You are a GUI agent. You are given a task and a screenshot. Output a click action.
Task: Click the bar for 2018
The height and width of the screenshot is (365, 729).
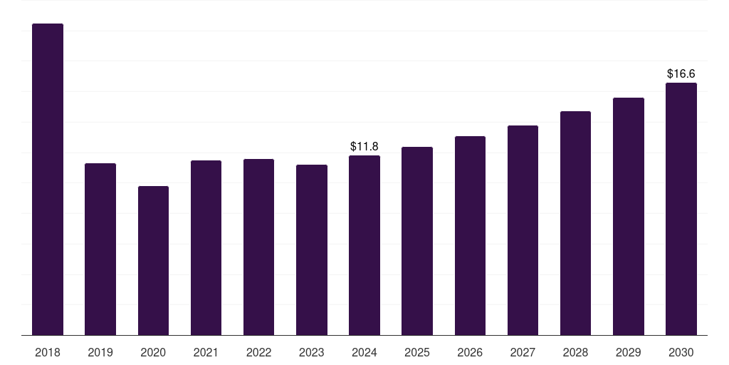click(48, 179)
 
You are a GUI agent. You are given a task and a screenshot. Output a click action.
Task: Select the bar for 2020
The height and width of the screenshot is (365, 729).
click(153, 261)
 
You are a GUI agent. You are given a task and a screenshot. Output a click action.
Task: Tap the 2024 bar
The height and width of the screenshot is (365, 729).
click(364, 245)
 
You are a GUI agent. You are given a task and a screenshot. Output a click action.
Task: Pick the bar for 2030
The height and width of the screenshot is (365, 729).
click(681, 209)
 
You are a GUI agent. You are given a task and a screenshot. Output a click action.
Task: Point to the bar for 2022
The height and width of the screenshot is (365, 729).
click(258, 247)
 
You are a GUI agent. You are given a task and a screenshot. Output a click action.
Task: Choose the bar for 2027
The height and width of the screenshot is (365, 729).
click(523, 230)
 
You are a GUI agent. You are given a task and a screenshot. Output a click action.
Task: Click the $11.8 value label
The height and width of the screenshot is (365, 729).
click(364, 147)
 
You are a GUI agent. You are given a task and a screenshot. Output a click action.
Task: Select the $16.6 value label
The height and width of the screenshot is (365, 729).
click(681, 73)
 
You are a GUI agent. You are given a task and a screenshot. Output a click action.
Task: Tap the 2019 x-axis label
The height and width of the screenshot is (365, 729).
click(100, 352)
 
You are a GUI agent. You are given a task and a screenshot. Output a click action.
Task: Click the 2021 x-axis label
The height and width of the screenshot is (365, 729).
click(206, 352)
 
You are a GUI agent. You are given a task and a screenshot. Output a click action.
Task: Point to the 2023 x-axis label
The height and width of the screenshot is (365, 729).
click(312, 352)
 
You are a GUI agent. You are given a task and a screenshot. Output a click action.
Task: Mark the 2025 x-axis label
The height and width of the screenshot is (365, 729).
click(417, 352)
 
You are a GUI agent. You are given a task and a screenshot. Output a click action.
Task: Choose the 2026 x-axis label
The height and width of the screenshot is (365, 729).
click(470, 352)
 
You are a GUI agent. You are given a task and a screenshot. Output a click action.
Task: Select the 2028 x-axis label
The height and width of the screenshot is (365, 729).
click(575, 352)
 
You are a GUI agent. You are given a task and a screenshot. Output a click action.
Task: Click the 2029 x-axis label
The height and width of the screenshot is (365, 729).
click(629, 352)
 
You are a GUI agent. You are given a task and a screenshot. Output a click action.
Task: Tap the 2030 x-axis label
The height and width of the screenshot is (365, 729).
click(681, 352)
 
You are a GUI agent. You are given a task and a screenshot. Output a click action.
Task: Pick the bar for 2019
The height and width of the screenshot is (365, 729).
click(100, 250)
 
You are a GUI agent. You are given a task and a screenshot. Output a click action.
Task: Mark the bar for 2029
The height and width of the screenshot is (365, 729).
click(629, 217)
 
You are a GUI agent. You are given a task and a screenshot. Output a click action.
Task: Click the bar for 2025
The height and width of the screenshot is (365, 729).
click(417, 241)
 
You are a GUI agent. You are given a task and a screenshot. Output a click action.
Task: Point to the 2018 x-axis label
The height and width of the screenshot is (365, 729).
click(48, 352)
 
